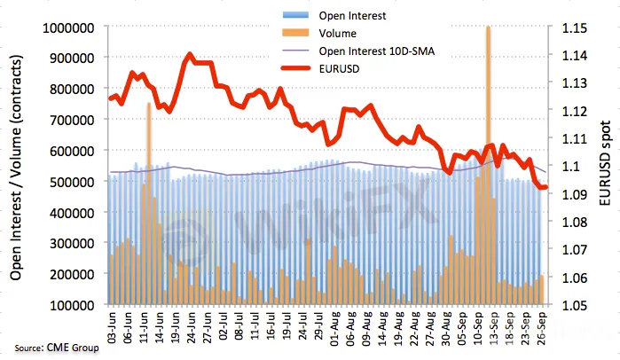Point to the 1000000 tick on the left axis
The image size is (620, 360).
(x=67, y=27)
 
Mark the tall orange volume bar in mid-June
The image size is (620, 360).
(x=148, y=177)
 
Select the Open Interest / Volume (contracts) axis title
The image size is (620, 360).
(x=16, y=167)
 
